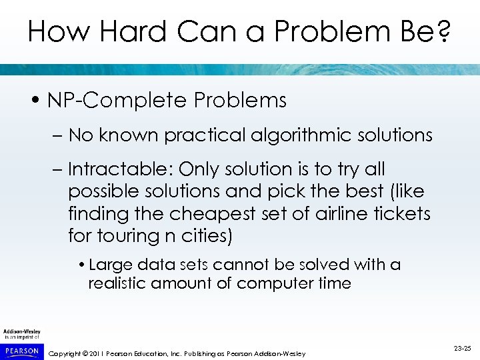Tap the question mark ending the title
[442, 32]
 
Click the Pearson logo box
[21, 349]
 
